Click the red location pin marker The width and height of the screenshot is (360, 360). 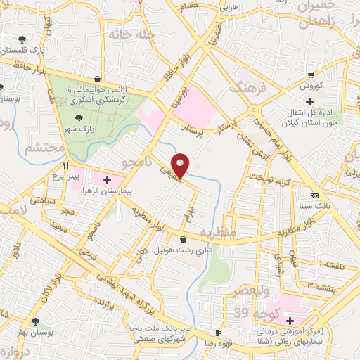pos(181,165)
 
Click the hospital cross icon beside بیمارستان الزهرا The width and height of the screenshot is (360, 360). pos(107,180)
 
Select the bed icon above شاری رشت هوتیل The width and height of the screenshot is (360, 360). pos(184,240)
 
